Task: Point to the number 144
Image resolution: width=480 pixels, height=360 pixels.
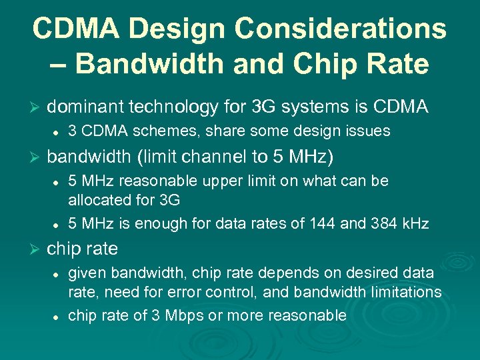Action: click(x=323, y=223)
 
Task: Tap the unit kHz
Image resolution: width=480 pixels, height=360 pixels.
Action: click(x=415, y=223)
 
